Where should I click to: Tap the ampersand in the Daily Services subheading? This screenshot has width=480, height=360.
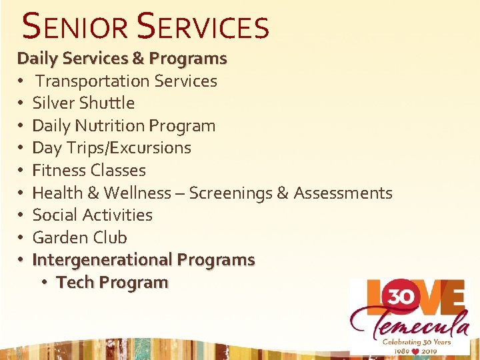pos(139,59)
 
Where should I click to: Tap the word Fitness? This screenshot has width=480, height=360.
pos(59,171)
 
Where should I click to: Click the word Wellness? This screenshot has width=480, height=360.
pos(135,193)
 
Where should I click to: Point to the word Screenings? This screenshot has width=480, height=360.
pos(231,193)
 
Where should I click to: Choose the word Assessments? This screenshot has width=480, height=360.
pos(343,193)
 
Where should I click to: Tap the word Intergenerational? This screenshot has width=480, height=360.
pos(102,260)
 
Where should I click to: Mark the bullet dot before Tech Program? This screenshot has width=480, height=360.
pos(43,283)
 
